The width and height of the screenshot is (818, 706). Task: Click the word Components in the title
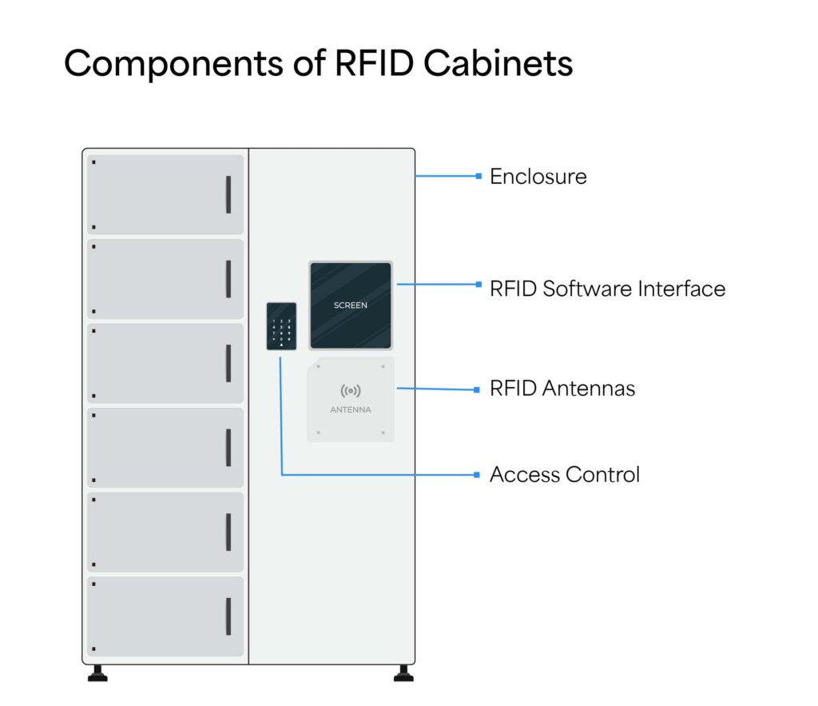click(169, 64)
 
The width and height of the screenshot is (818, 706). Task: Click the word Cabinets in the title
click(498, 62)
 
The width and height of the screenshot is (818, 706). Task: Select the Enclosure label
click(538, 177)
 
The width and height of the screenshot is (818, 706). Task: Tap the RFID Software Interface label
click(607, 289)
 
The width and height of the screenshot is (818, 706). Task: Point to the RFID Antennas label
click(562, 389)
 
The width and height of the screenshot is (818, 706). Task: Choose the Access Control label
click(564, 474)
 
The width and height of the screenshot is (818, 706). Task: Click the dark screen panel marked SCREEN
click(351, 305)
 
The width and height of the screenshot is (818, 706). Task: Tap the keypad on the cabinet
click(281, 326)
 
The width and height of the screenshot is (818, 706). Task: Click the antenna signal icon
click(351, 391)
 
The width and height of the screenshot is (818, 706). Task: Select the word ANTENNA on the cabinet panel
click(351, 409)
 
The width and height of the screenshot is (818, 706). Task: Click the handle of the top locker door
click(228, 194)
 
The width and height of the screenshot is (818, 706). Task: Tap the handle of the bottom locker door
click(228, 616)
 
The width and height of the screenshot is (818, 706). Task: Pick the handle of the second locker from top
click(228, 278)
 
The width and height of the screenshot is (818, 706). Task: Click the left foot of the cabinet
click(97, 674)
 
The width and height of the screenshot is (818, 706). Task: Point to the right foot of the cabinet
click(404, 674)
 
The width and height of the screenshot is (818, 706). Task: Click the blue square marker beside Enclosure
click(478, 176)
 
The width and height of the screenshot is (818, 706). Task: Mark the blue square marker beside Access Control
click(478, 475)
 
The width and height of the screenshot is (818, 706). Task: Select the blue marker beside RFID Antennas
click(478, 390)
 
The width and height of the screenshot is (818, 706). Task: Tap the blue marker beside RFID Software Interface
click(478, 284)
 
